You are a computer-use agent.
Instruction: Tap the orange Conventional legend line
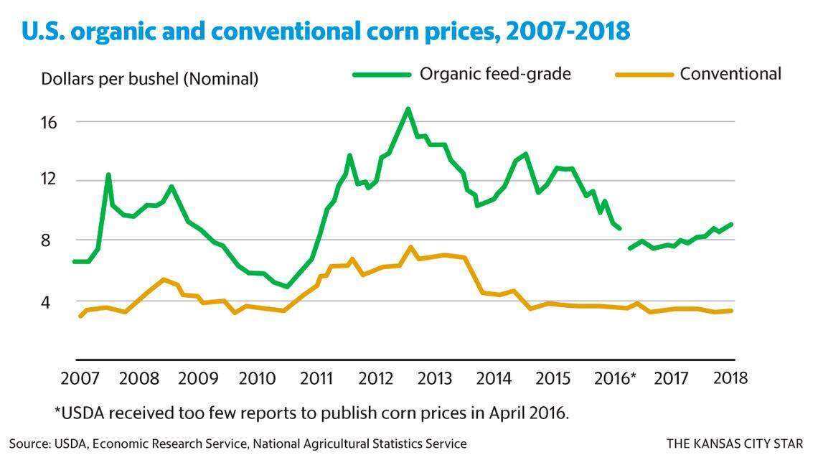(x=644, y=74)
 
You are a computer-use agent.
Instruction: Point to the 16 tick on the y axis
(x=47, y=121)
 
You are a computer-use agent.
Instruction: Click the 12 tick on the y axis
(x=47, y=179)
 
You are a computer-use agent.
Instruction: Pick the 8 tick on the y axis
(x=52, y=240)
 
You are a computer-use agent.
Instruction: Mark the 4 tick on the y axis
(x=52, y=302)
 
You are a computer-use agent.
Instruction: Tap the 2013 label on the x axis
(x=435, y=377)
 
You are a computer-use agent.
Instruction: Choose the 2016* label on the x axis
(x=616, y=377)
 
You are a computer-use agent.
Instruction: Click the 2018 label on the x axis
(x=730, y=377)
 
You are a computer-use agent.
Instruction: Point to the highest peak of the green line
(x=408, y=109)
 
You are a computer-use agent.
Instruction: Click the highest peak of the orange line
(x=410, y=248)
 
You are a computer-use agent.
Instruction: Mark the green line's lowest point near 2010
(x=287, y=286)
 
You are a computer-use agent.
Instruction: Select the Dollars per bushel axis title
(x=149, y=79)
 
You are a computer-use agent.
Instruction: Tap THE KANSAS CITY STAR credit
(x=735, y=443)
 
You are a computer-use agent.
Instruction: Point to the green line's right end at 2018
(x=731, y=225)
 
